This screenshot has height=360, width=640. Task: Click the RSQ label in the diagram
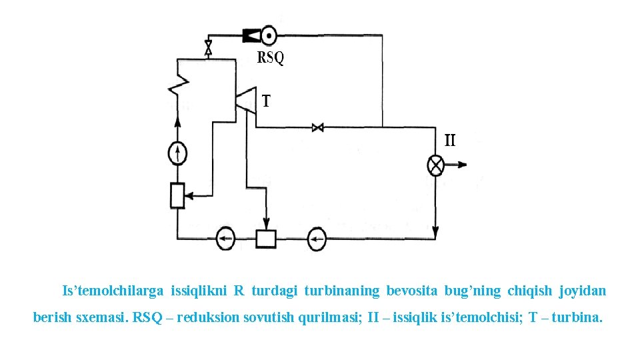pos(271,58)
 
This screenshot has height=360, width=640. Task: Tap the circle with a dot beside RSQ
pos(269,34)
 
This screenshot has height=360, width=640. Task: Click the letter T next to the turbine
pos(266,101)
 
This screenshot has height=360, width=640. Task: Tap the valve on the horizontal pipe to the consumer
pos(318,127)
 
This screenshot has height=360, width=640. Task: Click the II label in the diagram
pos(450,140)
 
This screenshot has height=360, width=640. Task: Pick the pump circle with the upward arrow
pos(177,154)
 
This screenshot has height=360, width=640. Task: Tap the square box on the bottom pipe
pos(266,238)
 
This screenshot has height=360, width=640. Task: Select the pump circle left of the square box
pos(225,238)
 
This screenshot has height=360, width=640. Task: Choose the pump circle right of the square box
pos(316,238)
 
